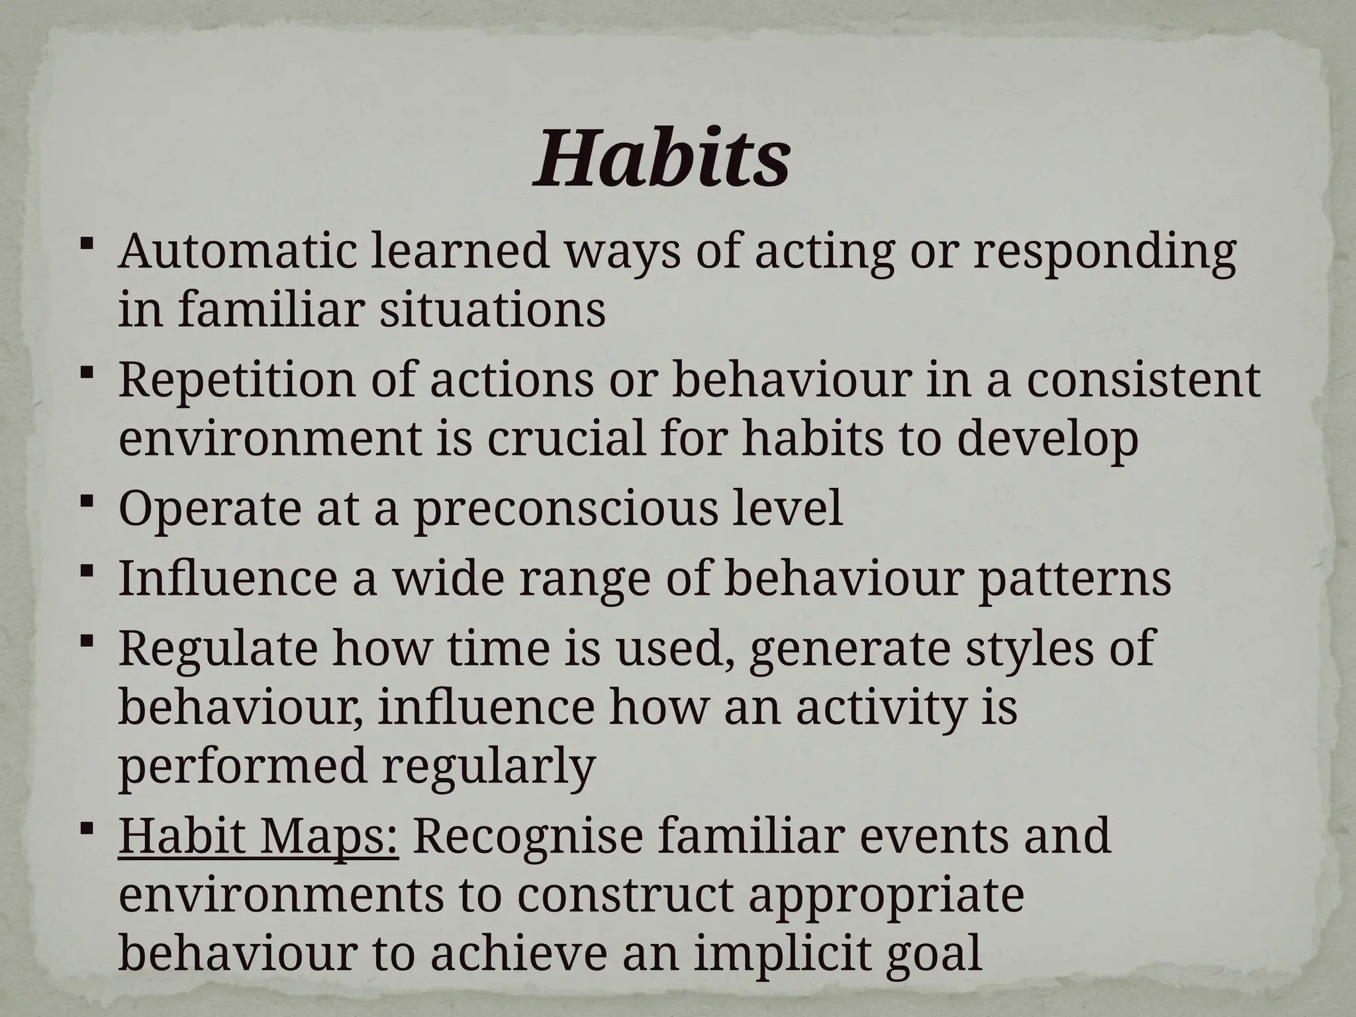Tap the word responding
(x=1104, y=254)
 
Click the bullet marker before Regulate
(x=87, y=640)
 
